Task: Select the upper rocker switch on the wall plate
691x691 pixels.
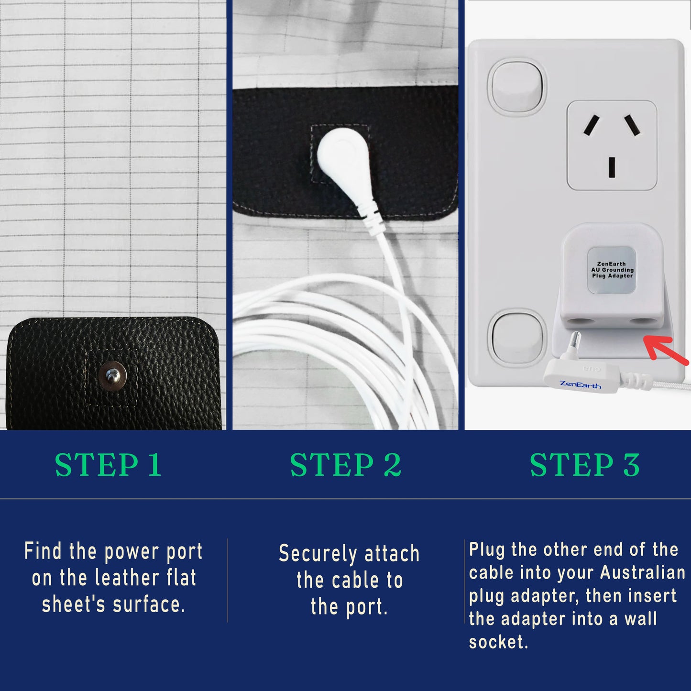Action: pyautogui.click(x=517, y=87)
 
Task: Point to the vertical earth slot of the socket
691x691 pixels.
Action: pyautogui.click(x=612, y=167)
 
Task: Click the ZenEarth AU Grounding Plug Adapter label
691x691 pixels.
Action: pyautogui.click(x=612, y=270)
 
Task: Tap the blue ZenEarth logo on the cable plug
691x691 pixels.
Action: pyautogui.click(x=580, y=384)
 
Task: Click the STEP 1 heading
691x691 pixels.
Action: pyautogui.click(x=109, y=465)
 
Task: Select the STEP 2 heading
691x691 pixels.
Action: pyautogui.click(x=346, y=465)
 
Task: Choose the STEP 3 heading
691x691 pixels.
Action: pyautogui.click(x=585, y=465)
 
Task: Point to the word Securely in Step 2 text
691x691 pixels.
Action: pyautogui.click(x=318, y=554)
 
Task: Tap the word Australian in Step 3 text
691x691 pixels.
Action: pyautogui.click(x=643, y=572)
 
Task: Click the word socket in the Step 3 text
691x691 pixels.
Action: pyautogui.click(x=498, y=642)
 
